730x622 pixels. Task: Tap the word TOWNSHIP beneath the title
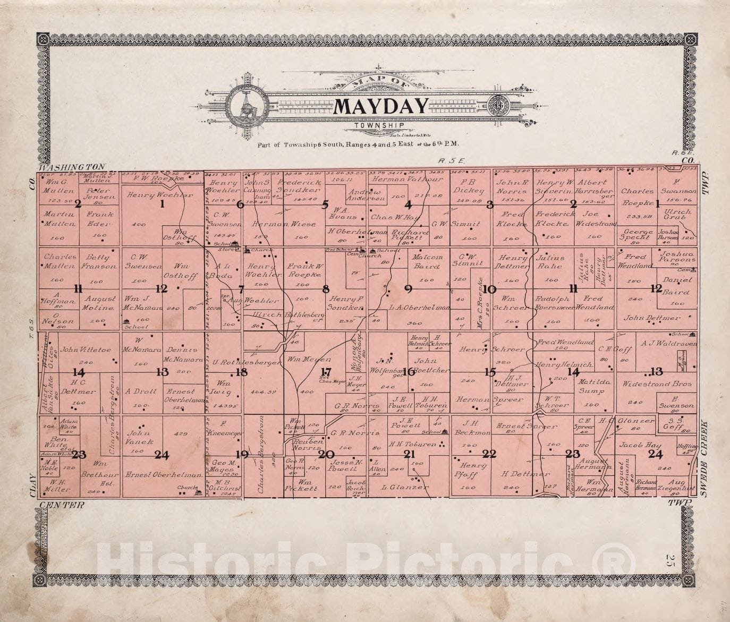[x=380, y=126]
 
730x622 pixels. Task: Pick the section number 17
[x=326, y=372]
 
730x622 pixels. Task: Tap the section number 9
[x=408, y=289]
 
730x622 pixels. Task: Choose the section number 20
[x=326, y=454]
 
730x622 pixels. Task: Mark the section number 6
[x=240, y=204]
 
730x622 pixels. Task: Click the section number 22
[x=489, y=454]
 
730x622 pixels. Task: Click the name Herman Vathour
[x=409, y=179]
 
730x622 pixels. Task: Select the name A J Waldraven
[x=661, y=343]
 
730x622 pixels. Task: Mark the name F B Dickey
[x=469, y=186]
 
